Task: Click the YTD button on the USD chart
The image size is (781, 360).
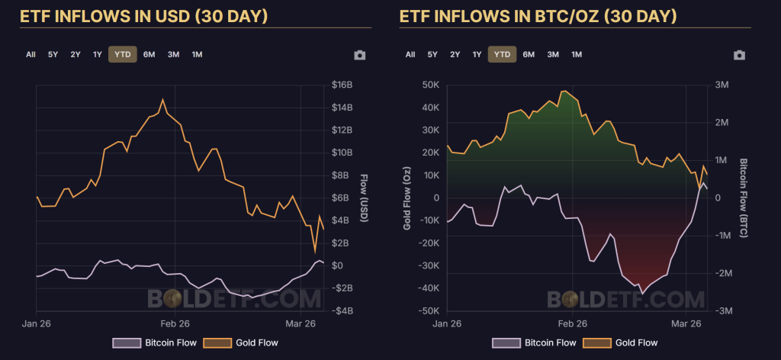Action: tap(122, 54)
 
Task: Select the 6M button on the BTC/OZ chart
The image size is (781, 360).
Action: tap(529, 54)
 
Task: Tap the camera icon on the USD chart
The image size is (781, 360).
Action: tap(360, 55)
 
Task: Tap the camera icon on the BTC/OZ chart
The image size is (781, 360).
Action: tap(738, 55)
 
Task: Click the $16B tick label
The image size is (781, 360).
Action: tap(343, 85)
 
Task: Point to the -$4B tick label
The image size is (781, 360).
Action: tap(343, 311)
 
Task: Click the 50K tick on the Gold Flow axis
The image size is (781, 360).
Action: tap(430, 85)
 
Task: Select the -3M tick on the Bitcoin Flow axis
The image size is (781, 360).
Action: tap(722, 311)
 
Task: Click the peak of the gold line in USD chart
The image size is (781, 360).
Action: tap(162, 99)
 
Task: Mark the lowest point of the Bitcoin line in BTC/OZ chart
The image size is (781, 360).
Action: tap(642, 293)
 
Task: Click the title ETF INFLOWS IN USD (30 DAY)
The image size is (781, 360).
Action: tap(143, 15)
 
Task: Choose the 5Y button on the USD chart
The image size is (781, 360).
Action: tap(53, 54)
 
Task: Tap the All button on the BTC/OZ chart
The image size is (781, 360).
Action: tap(410, 54)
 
